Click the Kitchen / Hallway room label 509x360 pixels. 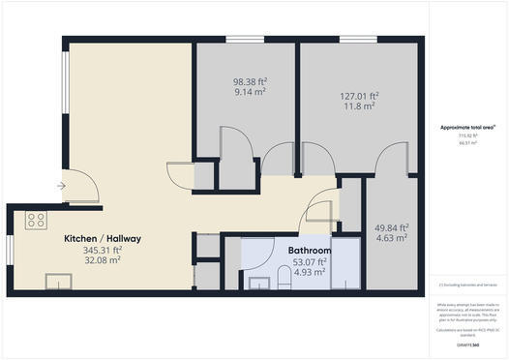coord(103,238)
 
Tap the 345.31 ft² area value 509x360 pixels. coord(103,250)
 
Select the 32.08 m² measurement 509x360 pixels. coord(103,260)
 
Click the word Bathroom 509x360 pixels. coord(310,251)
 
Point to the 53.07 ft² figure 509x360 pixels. coord(310,261)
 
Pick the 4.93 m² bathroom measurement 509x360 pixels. coord(310,272)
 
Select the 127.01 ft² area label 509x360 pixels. coord(359,96)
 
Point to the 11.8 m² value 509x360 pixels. coord(359,106)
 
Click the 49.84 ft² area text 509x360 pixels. coord(392,227)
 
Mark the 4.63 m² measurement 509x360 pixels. coord(392,238)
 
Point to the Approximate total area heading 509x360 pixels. coord(466,127)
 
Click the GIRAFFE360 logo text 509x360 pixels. coord(468,345)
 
